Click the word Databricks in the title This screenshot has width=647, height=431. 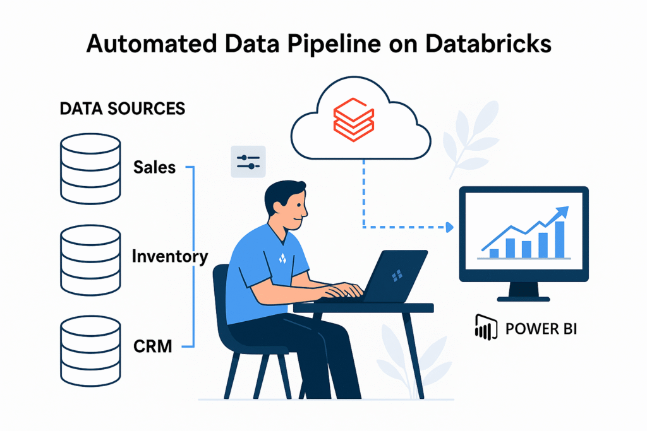[x=480, y=45]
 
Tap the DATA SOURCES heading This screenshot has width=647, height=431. [x=122, y=109]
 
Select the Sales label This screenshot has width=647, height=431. [x=154, y=167]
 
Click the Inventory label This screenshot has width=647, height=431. [x=169, y=257]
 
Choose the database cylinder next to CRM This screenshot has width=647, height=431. [x=90, y=347]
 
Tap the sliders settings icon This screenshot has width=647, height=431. [x=248, y=162]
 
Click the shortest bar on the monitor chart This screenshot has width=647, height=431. [x=494, y=253]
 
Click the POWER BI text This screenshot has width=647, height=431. [x=541, y=329]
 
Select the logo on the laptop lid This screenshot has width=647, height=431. [x=397, y=276]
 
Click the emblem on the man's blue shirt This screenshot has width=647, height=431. [x=282, y=258]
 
